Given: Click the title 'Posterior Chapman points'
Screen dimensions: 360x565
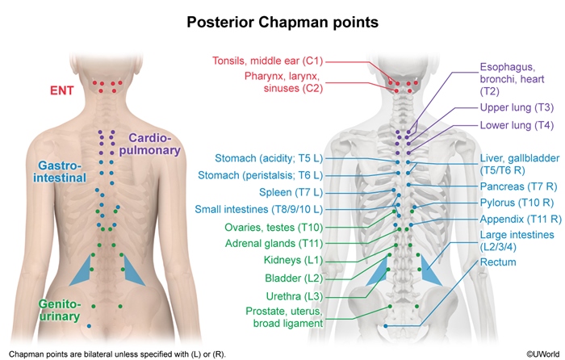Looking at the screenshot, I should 282,22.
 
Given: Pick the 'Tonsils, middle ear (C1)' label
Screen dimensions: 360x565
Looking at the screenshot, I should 267,61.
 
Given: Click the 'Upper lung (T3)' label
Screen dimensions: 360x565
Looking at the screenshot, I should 517,107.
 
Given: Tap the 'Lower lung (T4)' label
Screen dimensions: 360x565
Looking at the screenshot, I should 517,125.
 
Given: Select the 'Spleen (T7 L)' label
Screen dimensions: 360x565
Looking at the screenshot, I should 291,192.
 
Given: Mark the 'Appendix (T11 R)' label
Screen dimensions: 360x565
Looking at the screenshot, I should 521,219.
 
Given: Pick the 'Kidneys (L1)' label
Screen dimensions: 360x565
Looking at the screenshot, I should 293,260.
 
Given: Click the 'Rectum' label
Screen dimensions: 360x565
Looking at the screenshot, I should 498,262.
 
